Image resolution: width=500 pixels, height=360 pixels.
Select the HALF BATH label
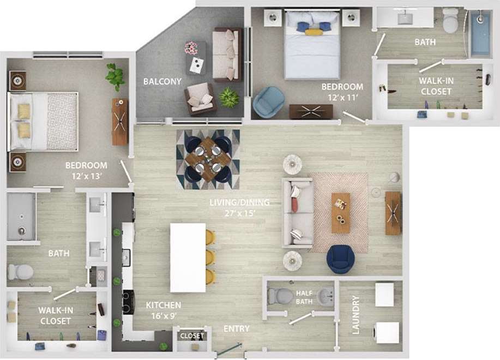pos(304,297)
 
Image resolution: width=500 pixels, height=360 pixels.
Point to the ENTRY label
pos(237,329)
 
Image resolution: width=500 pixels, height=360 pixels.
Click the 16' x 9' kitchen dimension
pos(163,315)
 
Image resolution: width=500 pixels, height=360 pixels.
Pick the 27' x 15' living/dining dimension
pos(240,213)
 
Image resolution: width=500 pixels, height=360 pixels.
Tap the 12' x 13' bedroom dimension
pos(86,176)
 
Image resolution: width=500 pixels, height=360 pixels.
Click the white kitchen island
pos(188,257)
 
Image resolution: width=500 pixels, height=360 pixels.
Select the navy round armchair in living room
pos(341,259)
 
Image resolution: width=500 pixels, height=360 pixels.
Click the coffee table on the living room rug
pos(341,212)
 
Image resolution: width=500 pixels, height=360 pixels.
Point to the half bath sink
pos(326,297)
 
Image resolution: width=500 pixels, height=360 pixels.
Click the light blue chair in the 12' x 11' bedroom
pos(268,101)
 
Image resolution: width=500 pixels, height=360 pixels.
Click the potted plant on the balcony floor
pos(229,98)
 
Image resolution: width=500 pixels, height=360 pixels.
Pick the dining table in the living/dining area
pos(207,159)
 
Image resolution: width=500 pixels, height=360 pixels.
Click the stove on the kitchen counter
pos(128,302)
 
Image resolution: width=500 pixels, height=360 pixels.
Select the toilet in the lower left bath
pos(21,272)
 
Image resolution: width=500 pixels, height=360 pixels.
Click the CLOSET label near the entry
pos(191,336)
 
